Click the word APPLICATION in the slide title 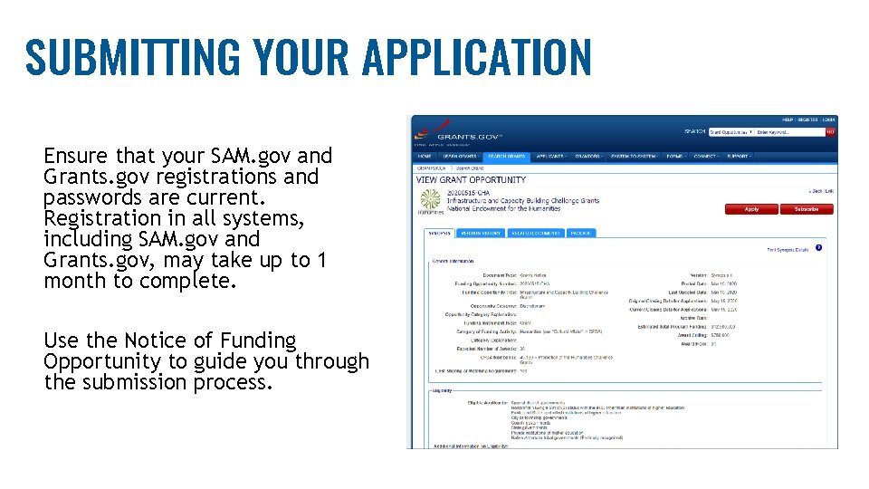pos(476,57)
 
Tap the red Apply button pos(751,209)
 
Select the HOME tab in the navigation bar pos(425,156)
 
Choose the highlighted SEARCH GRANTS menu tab pos(507,156)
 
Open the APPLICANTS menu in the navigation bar pos(550,156)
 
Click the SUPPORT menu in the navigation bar pos(738,156)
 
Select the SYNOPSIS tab pos(440,233)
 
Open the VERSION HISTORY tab pos(481,233)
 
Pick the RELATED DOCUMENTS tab pos(535,233)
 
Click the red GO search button pos(830,132)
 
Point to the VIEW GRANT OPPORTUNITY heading pos(471,180)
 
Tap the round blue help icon pos(818,247)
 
